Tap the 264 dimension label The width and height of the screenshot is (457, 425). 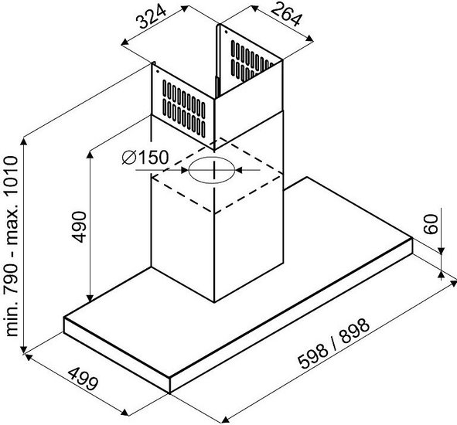point(285,14)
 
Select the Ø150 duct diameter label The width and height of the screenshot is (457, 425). point(145,158)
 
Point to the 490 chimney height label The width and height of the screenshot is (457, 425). point(79,227)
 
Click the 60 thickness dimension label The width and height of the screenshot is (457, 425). point(431,224)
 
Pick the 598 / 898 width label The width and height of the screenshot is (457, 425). point(334,344)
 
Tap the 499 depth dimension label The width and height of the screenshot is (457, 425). point(83,379)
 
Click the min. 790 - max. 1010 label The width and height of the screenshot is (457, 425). point(12,246)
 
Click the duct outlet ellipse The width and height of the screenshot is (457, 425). point(212,171)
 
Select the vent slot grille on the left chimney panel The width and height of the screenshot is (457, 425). point(184,108)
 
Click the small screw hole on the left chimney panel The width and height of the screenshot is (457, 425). point(158,71)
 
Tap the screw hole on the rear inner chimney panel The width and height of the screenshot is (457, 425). point(226,32)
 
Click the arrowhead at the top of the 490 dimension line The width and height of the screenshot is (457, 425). point(90,155)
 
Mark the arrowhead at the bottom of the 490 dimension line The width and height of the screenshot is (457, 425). point(90,298)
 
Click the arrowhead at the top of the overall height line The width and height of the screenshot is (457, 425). point(24,141)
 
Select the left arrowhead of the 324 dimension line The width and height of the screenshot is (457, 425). point(125,42)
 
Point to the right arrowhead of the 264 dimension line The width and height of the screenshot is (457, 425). point(309,39)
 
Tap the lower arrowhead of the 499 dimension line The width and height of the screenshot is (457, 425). point(124,412)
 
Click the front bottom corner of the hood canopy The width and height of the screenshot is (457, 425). point(169,393)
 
